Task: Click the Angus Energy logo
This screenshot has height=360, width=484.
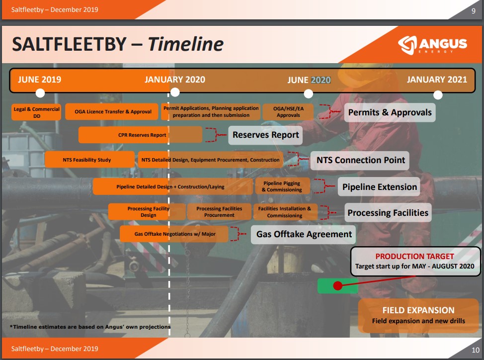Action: point(432,44)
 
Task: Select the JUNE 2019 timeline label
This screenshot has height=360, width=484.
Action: point(39,80)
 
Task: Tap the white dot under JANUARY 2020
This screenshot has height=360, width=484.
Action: point(174,92)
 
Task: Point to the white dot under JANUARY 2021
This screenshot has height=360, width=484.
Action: point(438,94)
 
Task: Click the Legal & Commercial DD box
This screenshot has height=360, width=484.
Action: point(37,112)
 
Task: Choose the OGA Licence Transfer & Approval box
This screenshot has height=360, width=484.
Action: point(113,112)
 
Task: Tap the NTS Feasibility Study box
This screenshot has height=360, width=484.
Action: point(87,160)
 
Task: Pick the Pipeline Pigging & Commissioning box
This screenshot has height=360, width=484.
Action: point(282,186)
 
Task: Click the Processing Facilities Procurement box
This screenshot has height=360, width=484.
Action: point(219,212)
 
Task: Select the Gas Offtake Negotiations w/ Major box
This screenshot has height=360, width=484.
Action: point(174,234)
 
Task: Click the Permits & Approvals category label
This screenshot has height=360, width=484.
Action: point(390,112)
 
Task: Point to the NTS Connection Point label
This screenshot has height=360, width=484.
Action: point(360,160)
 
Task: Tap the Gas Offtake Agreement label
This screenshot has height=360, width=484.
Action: point(304,234)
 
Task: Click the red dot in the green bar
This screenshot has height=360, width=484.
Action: point(337,286)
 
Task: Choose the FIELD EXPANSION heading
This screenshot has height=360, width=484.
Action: point(418,310)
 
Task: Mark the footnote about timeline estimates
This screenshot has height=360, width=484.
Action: point(90,327)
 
